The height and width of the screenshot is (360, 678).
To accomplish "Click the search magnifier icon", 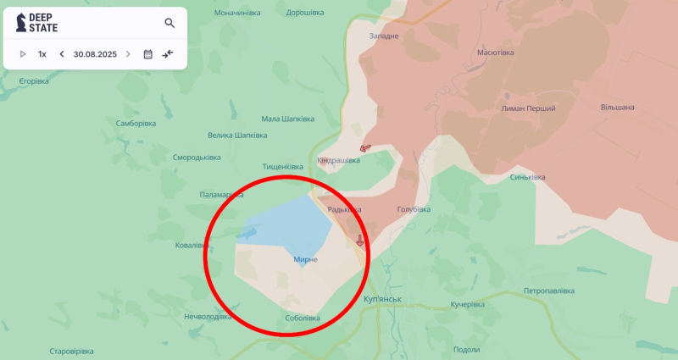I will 169,23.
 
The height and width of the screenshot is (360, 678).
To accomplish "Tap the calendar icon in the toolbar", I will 147,54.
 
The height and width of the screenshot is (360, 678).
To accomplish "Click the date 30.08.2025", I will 95,54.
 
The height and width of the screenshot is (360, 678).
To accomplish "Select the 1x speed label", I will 42,54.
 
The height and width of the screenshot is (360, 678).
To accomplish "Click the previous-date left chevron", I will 61,54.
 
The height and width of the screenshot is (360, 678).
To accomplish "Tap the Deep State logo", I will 38,23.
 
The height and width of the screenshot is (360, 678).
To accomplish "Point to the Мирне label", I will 305,259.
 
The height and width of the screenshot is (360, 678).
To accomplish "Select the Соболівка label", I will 303,318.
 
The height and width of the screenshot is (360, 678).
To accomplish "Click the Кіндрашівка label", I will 338,160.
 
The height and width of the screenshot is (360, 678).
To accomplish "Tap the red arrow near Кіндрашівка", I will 364,147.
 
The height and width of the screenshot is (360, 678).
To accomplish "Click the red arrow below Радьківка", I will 359,241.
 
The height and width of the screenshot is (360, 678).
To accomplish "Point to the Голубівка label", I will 414,209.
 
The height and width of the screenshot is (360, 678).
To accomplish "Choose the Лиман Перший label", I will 529,108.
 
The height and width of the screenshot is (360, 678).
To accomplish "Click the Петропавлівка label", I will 551,291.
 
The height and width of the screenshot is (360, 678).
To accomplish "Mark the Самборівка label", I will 136,124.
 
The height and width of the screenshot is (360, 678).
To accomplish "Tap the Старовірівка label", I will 71,351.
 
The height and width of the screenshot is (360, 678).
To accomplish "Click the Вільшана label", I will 617,108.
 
